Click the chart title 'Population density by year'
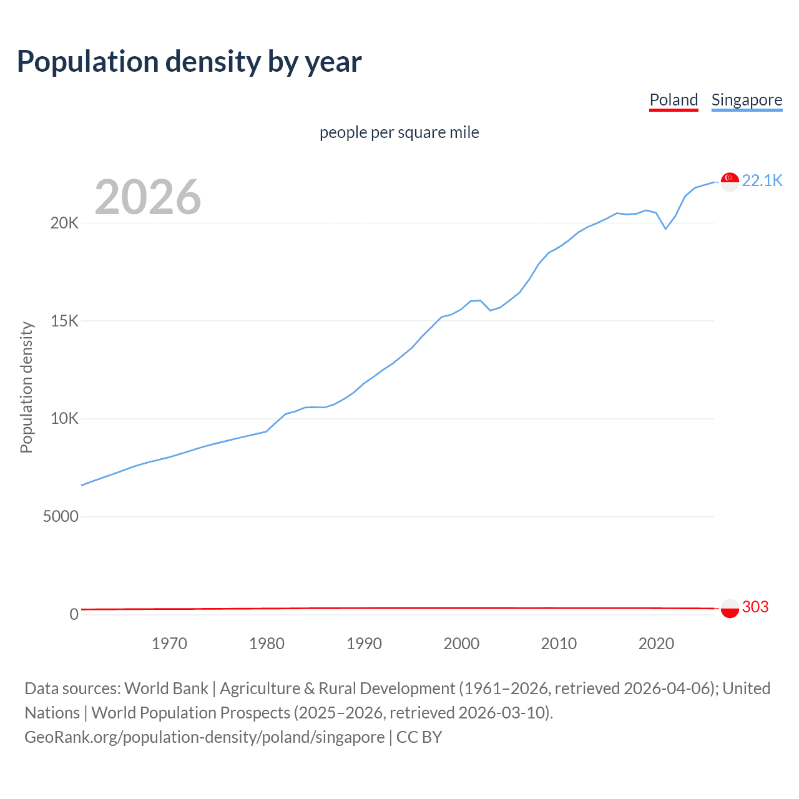(189, 62)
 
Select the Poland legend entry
(674, 100)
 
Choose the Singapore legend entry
(747, 100)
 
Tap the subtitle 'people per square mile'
(399, 132)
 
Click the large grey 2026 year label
(148, 197)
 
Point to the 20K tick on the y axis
(64, 223)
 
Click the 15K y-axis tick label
(64, 321)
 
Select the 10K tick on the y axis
(64, 419)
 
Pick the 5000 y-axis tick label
(61, 517)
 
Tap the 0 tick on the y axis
(74, 614)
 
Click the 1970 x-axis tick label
(169, 644)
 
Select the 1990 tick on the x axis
(364, 644)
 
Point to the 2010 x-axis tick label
(559, 644)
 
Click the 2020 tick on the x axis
(656, 644)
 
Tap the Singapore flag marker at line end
(730, 182)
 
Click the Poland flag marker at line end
(730, 608)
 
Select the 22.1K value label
(762, 180)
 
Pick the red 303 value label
(755, 607)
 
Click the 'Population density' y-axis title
(26, 387)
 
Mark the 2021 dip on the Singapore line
(665, 228)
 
